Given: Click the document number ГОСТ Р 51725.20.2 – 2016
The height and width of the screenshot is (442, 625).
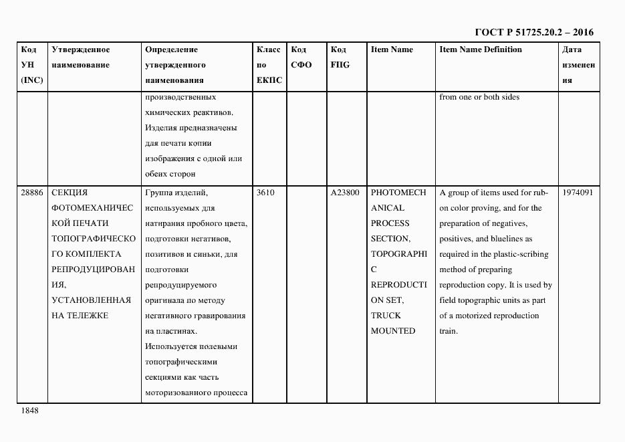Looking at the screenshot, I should coord(533,32).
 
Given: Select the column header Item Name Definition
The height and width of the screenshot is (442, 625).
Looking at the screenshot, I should coord(480,49).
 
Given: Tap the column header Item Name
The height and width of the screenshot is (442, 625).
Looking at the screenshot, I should coord(392,49).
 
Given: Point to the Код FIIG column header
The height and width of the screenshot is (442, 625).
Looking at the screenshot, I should coord(340,58).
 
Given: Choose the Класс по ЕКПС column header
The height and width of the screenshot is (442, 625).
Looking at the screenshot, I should coord(269,65).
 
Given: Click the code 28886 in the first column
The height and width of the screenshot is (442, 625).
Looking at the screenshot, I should coord(31,193).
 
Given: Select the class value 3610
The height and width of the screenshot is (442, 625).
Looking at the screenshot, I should coord(265,193).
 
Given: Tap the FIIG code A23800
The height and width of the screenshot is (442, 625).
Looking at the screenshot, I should coord(345,193).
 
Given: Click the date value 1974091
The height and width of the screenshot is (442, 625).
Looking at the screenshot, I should coord(578,193).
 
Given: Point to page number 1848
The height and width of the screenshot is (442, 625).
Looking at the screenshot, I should coord(30,411).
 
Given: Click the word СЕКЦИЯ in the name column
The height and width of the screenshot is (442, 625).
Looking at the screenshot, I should coord(70,193).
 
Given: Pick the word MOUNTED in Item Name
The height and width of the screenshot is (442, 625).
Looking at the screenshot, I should coord(393,331).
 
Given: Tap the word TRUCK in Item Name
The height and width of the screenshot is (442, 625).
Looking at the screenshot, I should coord(386,316).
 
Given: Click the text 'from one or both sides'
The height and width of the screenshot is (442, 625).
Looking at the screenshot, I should coord(479,97).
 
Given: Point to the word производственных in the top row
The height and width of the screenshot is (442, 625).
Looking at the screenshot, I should coord(180,97).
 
